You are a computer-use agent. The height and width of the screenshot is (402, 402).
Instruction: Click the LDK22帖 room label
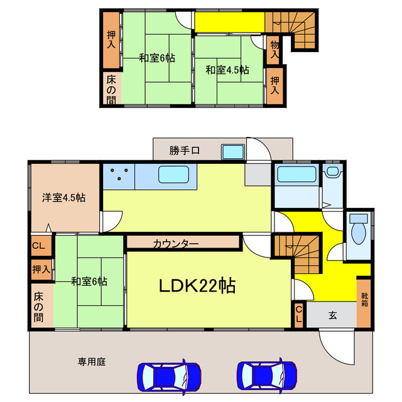(x=197, y=286)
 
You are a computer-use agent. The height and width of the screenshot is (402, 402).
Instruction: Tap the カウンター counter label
(x=176, y=243)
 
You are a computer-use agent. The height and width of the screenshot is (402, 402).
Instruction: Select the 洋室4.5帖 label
(x=64, y=197)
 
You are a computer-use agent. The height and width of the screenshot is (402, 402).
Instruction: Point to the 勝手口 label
(x=185, y=151)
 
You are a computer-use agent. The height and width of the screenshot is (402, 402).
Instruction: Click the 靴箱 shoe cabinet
(x=364, y=300)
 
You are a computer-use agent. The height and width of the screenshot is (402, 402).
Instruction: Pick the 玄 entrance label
(x=332, y=316)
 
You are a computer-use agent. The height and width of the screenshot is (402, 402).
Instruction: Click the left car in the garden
(x=168, y=377)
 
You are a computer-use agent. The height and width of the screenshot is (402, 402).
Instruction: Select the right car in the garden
(x=267, y=377)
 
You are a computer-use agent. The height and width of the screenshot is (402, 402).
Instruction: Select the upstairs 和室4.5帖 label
(x=227, y=70)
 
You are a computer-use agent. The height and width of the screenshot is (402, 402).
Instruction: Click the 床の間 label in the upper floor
(x=111, y=89)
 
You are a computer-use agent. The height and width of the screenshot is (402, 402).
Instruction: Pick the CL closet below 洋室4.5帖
(x=38, y=246)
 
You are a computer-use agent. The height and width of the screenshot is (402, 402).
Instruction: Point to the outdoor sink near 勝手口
(x=234, y=152)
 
